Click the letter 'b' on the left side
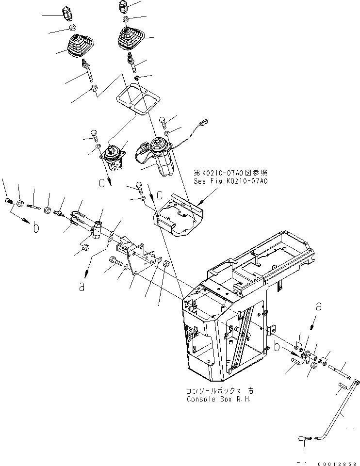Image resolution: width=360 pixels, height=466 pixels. click(35, 228)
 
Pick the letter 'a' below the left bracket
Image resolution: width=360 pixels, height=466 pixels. click(82, 287)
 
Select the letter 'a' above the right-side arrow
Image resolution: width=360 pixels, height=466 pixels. click(318, 306)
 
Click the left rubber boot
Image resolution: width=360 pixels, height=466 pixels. click(78, 46)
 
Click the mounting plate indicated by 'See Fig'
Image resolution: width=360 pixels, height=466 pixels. click(177, 213)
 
